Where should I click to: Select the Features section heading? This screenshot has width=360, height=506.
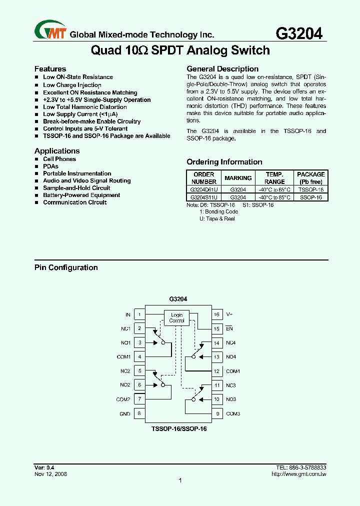point(50,69)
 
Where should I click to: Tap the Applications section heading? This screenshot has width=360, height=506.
point(57,151)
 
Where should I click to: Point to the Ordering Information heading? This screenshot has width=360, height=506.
point(224,162)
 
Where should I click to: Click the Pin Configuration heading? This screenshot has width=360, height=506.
point(66,267)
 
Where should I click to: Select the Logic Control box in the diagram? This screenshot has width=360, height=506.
point(177,317)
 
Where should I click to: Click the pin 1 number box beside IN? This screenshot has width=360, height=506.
point(139,314)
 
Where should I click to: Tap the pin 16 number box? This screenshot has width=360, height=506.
point(216,314)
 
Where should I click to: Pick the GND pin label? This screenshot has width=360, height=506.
point(124,413)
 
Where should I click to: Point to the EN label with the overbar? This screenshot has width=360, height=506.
point(229,328)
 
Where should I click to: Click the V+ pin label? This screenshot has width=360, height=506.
point(229,314)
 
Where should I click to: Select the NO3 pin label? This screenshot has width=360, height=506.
point(230,399)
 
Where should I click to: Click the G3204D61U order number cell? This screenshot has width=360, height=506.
point(204,190)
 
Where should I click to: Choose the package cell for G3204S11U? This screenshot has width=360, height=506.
point(310,197)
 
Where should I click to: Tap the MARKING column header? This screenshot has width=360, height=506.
point(238,178)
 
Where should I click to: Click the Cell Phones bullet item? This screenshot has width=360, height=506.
point(59,159)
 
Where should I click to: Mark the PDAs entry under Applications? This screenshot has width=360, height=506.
point(50,166)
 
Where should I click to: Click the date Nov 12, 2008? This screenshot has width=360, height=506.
point(50,474)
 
